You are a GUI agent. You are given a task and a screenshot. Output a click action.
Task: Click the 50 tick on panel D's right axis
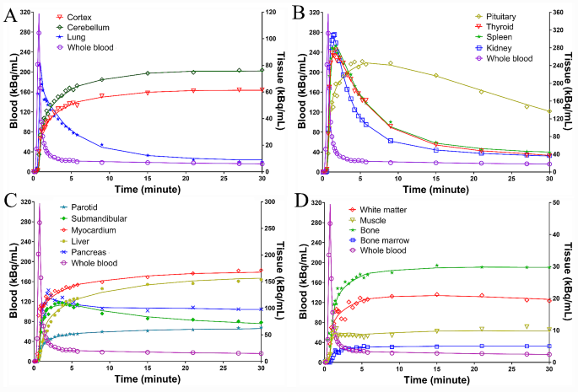[559, 202]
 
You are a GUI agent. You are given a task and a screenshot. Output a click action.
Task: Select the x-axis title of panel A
[145, 191]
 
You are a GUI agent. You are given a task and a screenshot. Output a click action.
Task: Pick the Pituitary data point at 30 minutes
[549, 111]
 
